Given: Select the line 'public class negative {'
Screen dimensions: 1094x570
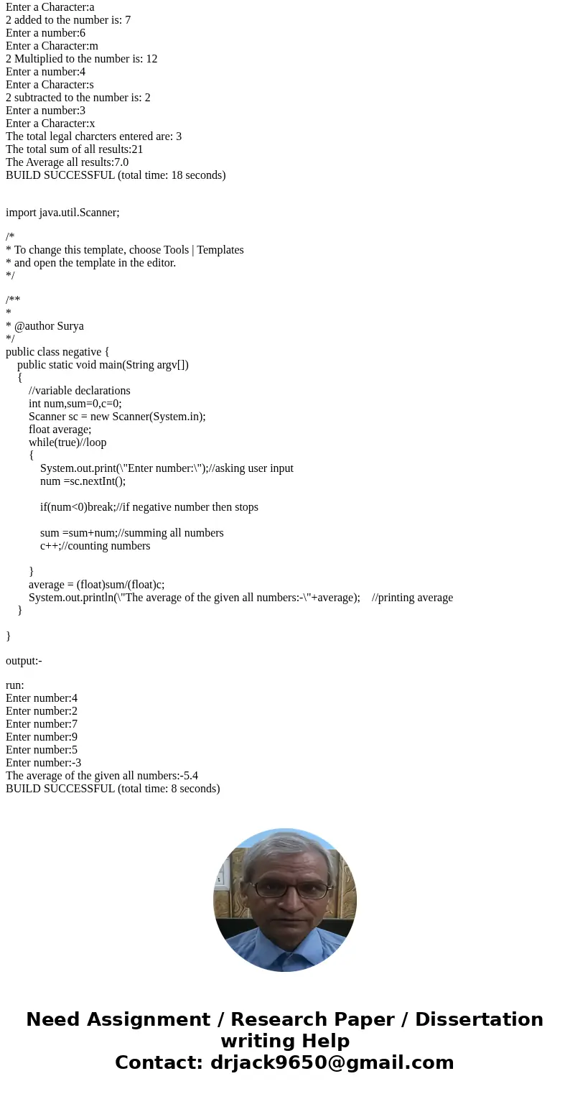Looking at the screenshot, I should tap(57, 352).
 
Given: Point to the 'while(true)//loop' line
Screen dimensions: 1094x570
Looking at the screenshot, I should tap(67, 442).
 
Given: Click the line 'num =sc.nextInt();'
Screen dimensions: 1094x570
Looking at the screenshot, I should tap(83, 481).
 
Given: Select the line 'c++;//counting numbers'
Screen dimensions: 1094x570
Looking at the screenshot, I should tap(95, 546).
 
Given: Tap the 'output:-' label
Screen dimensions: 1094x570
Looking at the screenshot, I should tap(24, 661).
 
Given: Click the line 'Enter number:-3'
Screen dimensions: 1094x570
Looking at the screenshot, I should tap(43, 763).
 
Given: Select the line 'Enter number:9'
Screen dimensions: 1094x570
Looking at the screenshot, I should tap(42, 737).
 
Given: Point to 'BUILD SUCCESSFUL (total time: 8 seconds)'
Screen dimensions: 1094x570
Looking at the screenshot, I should tap(113, 789).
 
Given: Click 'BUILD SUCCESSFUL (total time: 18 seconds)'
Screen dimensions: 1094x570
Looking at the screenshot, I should tap(116, 175).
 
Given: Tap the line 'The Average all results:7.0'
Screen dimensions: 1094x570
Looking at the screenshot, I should tap(67, 162).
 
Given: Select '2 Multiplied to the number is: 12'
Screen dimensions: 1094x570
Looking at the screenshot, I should tap(81, 59).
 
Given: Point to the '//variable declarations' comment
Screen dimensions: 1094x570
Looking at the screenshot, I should tap(80, 391).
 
